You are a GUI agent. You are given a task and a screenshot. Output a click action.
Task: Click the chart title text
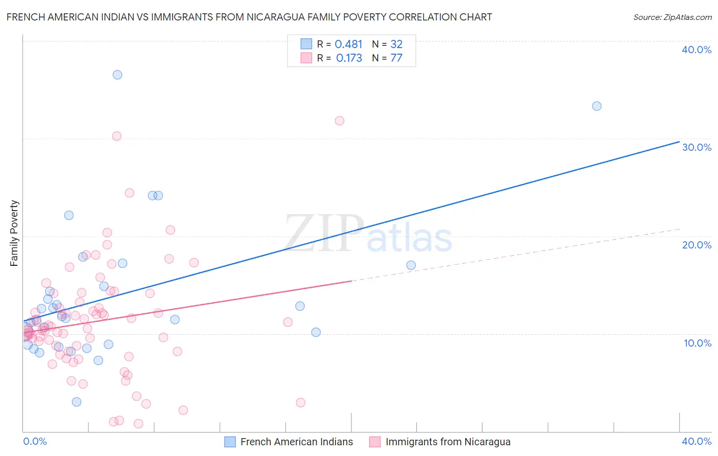click(249, 17)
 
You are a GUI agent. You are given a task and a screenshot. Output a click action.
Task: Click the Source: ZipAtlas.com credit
click(672, 17)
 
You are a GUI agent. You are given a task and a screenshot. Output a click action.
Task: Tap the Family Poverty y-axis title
click(14, 233)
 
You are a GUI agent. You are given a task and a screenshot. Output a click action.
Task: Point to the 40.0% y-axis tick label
click(696, 50)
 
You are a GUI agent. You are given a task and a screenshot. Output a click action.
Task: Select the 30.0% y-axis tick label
click(696, 147)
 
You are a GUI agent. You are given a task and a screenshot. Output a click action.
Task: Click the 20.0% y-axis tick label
click(696, 245)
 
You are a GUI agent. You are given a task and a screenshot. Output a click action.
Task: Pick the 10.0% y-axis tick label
click(697, 343)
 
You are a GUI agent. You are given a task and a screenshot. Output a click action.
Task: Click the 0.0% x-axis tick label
click(35, 441)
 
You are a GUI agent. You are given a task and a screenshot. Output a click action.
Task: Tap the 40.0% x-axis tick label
click(696, 441)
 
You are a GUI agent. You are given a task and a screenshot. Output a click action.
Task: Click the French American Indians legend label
click(296, 442)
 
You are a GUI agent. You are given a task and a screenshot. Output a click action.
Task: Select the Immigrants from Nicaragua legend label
click(447, 442)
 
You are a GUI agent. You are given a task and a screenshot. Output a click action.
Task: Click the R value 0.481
click(348, 44)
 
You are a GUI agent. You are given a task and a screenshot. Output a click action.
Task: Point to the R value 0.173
click(349, 58)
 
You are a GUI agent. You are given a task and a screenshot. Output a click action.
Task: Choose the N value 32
click(396, 44)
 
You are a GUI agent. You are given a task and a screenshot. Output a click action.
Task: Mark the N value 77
click(396, 58)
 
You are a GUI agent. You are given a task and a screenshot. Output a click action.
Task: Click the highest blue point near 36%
click(117, 75)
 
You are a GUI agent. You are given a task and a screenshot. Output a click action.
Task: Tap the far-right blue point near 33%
click(596, 106)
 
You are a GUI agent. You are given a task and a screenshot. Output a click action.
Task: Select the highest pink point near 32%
click(340, 121)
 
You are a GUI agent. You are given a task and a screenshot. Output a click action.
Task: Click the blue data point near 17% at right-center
click(411, 265)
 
